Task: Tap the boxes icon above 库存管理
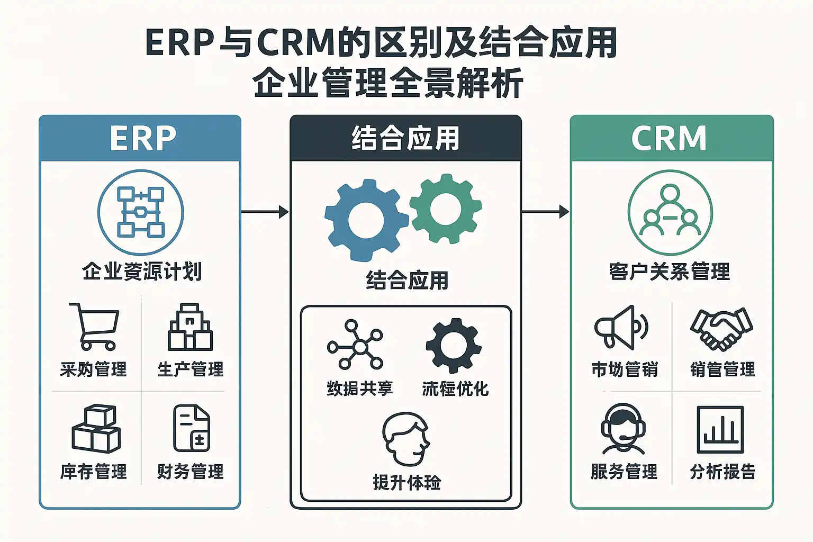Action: pos(96,429)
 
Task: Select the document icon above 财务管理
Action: pos(192,428)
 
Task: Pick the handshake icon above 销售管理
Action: pos(721,328)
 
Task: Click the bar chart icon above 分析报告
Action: pos(720,429)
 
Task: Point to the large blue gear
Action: pos(365,220)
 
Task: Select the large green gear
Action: pos(446,209)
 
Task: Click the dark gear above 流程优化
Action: pos(454,345)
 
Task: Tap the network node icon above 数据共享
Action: pos(356,345)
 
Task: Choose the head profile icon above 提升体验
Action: pos(406,438)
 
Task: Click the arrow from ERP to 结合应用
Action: pos(265,212)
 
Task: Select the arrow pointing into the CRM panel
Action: pos(545,212)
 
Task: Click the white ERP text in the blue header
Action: pos(142,139)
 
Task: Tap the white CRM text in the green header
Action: pos(669,139)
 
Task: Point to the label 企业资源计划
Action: pos(142,271)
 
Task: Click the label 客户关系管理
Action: pos(670,271)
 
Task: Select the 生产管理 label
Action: pos(191,369)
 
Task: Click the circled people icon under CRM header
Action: pos(670,212)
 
